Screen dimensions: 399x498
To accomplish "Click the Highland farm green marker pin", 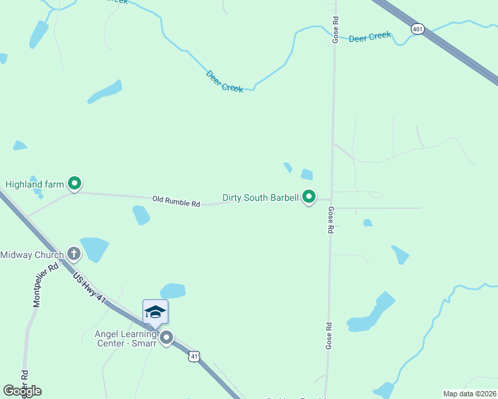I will [75, 183].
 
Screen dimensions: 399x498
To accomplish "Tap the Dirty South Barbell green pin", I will [309, 197].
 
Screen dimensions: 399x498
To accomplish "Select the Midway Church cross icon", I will [74, 254].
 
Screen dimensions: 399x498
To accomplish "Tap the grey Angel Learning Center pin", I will [166, 338].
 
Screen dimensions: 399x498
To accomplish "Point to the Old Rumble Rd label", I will [176, 199].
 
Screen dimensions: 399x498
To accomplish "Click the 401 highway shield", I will [417, 29].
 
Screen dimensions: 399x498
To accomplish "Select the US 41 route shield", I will [194, 357].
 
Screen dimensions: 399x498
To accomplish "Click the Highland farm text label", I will [33, 184].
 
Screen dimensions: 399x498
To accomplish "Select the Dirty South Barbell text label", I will [260, 198].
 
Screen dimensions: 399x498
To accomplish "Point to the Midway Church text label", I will [32, 255].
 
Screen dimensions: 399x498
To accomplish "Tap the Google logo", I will [22, 391].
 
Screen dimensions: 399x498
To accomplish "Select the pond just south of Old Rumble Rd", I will [140, 215].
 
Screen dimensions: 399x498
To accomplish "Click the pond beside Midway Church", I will [94, 248].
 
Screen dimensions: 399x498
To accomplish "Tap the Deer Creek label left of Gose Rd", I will [224, 82].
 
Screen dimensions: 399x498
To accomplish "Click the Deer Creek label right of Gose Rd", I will [370, 37].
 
